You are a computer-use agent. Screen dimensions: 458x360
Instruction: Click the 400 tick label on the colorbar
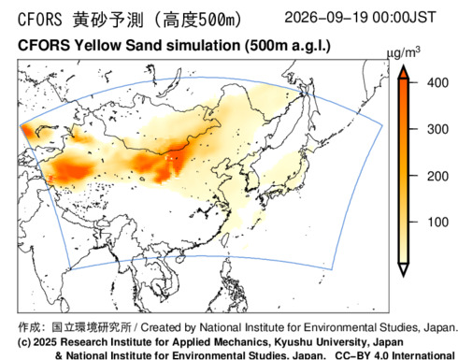tap(437, 83)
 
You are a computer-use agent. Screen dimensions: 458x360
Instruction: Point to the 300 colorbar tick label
tap(437, 129)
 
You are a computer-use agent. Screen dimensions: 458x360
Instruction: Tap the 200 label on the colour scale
tap(437, 177)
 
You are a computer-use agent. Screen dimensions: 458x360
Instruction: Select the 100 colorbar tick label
tap(437, 223)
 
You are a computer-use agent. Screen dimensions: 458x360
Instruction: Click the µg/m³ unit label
tap(404, 52)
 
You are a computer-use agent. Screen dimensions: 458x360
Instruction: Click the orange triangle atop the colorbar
tap(404, 72)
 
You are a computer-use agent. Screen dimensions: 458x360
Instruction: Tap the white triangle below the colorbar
tap(404, 269)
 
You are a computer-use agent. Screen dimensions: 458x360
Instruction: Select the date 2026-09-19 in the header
tap(327, 17)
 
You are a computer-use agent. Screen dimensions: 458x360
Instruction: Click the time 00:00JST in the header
tap(404, 17)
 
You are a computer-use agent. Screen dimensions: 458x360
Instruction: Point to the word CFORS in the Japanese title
tap(40, 20)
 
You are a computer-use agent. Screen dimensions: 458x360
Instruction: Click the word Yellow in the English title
tap(97, 46)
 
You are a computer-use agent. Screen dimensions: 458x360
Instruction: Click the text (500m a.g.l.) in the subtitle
tap(287, 46)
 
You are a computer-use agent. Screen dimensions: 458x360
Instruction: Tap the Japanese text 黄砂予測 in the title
tap(108, 20)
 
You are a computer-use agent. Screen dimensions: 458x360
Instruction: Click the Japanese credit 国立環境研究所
tap(92, 327)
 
